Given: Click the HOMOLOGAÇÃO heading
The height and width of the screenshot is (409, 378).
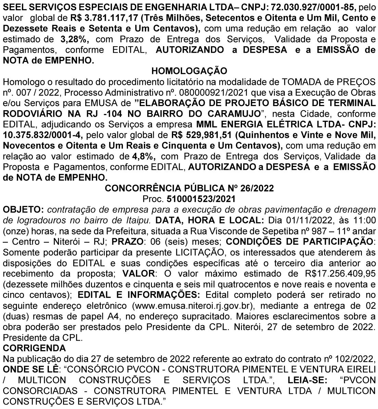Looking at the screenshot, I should click(x=189, y=71).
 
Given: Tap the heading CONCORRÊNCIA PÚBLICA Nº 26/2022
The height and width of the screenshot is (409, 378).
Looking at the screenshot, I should click(x=189, y=188).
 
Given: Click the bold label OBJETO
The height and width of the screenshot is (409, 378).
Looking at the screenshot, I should click(x=23, y=209).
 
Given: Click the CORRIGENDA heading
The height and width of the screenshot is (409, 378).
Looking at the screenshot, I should click(x=34, y=348).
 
